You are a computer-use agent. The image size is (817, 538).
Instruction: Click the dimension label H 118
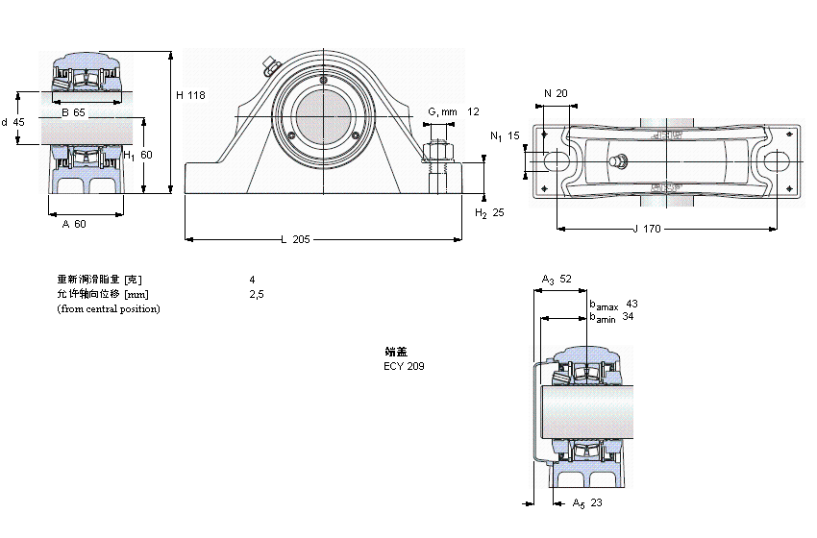191,95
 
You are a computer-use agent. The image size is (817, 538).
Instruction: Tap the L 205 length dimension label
295,239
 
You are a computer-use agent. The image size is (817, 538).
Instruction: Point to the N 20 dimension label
556,93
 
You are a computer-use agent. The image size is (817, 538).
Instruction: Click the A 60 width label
74,224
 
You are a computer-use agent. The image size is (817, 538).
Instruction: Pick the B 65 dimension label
73,113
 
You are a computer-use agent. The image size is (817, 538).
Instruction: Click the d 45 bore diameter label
12,122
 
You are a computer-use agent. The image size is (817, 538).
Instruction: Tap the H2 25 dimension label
490,212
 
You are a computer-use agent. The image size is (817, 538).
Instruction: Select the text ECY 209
404,366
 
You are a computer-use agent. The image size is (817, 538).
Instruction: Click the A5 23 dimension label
586,502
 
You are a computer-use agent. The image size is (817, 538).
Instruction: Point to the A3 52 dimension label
557,280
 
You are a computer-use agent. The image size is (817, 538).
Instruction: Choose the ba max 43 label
613,304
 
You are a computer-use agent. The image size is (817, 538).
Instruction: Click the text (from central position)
109,308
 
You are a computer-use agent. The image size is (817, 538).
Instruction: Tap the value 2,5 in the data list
256,294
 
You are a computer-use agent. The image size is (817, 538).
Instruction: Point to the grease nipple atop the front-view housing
268,66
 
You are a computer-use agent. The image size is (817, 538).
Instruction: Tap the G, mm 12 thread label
453,112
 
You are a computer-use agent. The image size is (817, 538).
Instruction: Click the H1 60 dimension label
139,155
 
